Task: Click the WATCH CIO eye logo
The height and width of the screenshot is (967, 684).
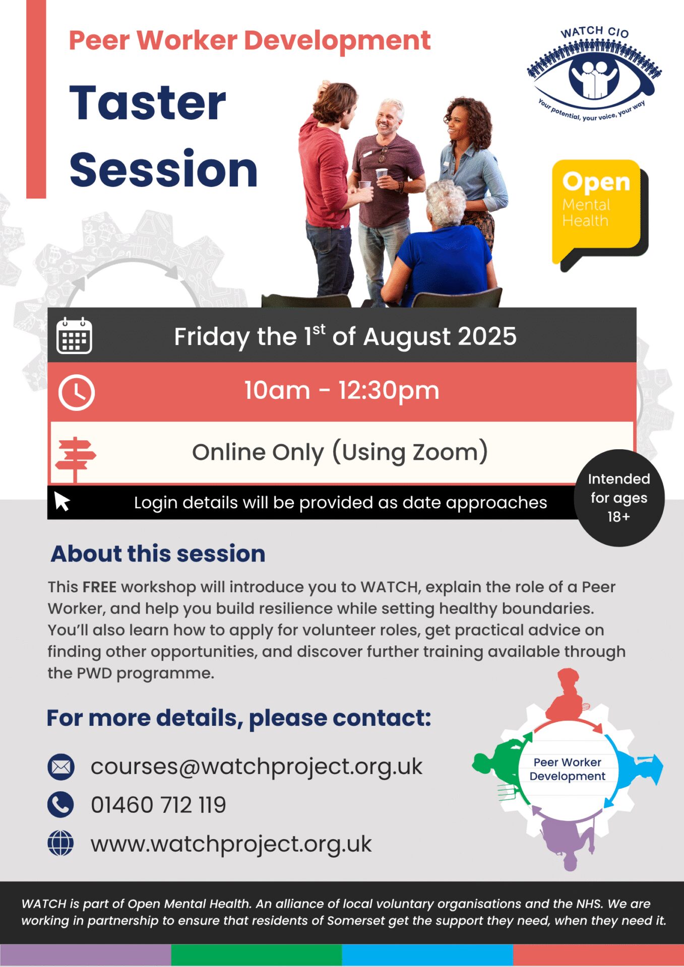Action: pyautogui.click(x=594, y=74)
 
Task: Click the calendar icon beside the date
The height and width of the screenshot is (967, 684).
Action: pyautogui.click(x=74, y=335)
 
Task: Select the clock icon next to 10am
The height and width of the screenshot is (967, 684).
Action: pyautogui.click(x=76, y=392)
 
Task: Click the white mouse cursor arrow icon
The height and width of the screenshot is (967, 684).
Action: pyautogui.click(x=62, y=501)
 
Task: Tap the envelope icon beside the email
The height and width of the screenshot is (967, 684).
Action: pyautogui.click(x=61, y=767)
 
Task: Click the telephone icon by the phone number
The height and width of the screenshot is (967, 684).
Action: pyautogui.click(x=60, y=804)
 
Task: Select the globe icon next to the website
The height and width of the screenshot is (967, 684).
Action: pyautogui.click(x=60, y=843)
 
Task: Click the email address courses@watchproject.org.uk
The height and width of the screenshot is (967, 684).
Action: pyautogui.click(x=257, y=768)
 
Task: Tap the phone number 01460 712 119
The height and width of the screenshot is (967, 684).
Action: pyautogui.click(x=158, y=805)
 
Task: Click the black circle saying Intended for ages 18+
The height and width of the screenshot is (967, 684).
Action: pyautogui.click(x=619, y=498)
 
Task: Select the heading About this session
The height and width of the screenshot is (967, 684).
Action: pyautogui.click(x=158, y=554)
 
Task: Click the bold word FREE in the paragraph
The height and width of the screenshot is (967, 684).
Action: pyautogui.click(x=100, y=587)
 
